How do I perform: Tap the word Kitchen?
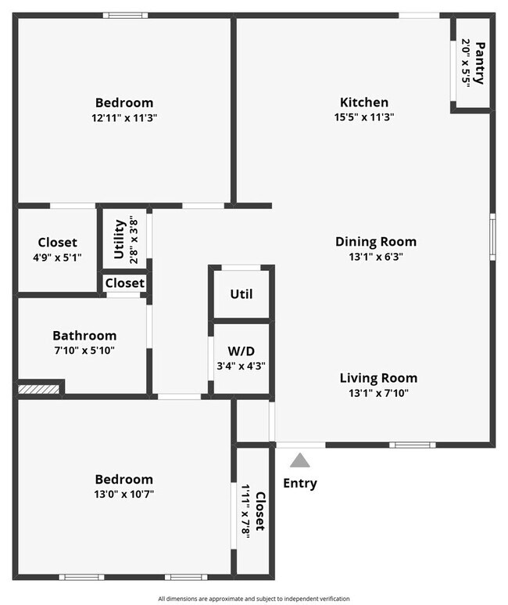[x=363, y=103]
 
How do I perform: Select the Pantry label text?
[x=480, y=63]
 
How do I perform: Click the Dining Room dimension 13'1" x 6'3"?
[x=375, y=256]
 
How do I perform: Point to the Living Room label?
[x=378, y=378]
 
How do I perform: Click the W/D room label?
[x=241, y=350]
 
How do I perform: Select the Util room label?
[x=241, y=294]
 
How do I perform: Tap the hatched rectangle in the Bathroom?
[x=39, y=388]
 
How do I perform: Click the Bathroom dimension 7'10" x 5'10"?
[x=84, y=350]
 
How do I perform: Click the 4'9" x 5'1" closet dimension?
[x=58, y=257]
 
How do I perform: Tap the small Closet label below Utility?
[x=124, y=283]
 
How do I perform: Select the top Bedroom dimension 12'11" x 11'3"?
[x=124, y=117]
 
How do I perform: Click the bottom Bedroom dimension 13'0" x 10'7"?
[x=123, y=494]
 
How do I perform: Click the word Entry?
[x=300, y=483]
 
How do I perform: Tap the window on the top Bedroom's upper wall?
[x=125, y=15]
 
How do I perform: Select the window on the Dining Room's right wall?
[x=492, y=236]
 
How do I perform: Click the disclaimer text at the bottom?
[x=253, y=598]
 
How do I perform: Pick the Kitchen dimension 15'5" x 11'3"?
[x=363, y=117]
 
